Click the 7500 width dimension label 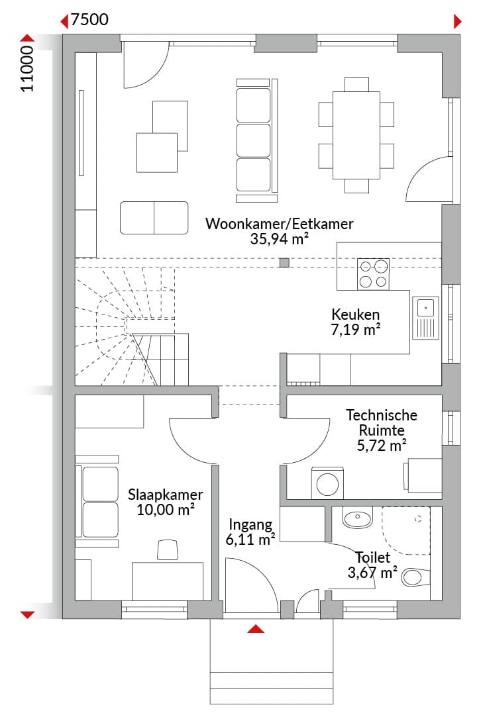coord(89,20)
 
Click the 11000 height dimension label coord(27,68)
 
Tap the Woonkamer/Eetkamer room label coord(280,224)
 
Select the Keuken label coord(355,314)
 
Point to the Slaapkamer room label coord(165,495)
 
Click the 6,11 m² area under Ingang coord(250,540)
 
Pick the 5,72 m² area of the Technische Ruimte coord(382,445)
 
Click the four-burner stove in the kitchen coord(374,273)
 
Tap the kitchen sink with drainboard coord(425,318)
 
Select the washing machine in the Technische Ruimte coord(327,483)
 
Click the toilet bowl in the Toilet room coord(415,577)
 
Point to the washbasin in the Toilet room coord(358,517)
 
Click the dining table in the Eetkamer coord(356,136)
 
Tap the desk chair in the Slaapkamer coord(168,549)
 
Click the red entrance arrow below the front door coord(256,629)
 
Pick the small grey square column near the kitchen coord(284,262)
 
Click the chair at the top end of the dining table coord(356,84)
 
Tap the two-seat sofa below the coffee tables coord(154,218)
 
